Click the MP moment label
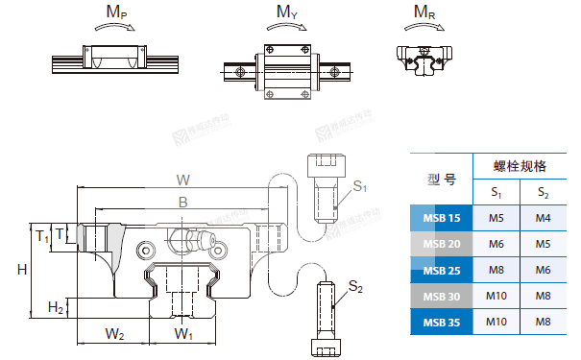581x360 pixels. (x=116, y=12)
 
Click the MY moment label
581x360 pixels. (x=287, y=12)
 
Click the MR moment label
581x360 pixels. (x=424, y=12)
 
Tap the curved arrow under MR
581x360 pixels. (x=424, y=28)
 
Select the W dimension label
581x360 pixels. (x=183, y=180)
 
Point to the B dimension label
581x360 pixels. (x=183, y=203)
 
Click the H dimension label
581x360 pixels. (x=22, y=269)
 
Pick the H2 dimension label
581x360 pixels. (x=55, y=307)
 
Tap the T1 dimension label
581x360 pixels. (x=42, y=236)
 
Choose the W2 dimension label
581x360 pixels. (x=114, y=334)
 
